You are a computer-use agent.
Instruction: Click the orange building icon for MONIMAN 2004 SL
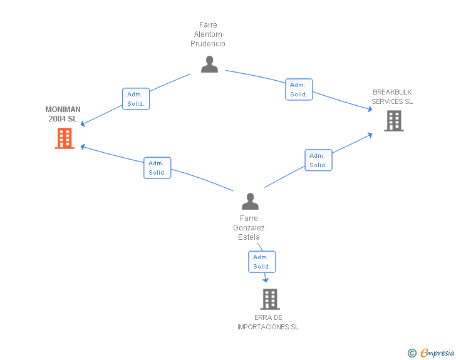[65, 138]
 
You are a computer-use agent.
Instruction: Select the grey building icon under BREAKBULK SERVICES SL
[394, 121]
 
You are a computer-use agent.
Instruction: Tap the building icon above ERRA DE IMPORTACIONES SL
[270, 299]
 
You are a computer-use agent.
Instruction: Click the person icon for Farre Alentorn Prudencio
[209, 64]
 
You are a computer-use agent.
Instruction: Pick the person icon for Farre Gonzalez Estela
[250, 201]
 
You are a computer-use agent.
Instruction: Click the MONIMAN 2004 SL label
[63, 114]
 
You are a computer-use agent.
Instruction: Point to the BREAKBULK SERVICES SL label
[392, 97]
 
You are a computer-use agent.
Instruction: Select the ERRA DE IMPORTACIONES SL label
[268, 322]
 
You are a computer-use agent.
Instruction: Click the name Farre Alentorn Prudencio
[208, 34]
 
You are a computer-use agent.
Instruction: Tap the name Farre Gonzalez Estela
[249, 228]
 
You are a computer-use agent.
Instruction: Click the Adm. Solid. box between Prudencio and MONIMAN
[136, 99]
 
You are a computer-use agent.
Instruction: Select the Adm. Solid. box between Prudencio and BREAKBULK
[299, 90]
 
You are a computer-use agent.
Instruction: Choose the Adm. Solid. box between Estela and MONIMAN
[157, 168]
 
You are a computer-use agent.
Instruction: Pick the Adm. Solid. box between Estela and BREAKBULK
[318, 160]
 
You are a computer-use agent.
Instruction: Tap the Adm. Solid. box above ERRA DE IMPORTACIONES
[262, 262]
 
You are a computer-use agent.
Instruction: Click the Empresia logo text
[437, 352]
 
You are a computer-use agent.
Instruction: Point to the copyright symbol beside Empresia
[412, 353]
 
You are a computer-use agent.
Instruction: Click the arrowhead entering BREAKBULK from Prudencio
[370, 109]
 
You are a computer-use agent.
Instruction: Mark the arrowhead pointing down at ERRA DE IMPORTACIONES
[266, 280]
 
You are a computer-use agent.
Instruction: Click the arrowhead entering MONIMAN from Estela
[83, 147]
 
